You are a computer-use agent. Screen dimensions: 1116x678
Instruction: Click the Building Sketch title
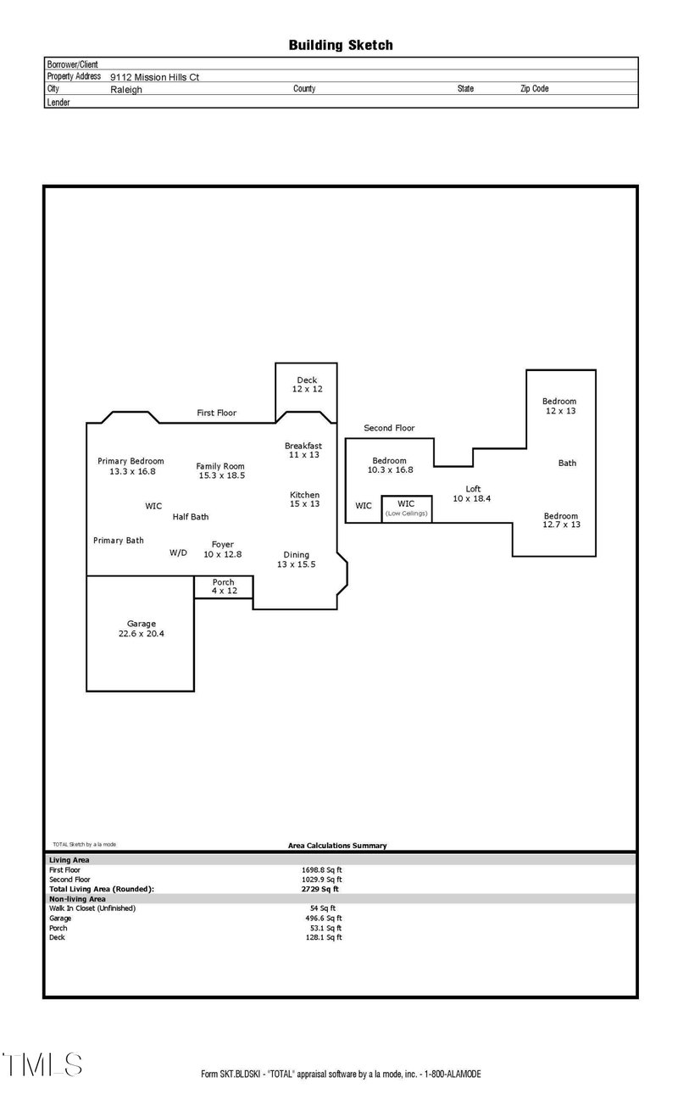341,45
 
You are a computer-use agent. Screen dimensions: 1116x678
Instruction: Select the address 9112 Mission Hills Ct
154,76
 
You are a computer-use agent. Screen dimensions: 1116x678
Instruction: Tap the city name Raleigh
126,89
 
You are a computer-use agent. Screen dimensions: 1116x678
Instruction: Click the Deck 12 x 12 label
306,385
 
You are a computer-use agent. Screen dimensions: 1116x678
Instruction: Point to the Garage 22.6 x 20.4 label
142,628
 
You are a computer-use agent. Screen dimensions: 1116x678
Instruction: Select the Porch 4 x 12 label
224,586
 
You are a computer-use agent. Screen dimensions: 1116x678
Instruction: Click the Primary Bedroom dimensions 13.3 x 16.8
132,471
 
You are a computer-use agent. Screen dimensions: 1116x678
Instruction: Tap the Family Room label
220,466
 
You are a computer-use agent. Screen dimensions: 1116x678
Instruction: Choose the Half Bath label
191,516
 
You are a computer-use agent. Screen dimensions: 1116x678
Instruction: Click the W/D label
178,552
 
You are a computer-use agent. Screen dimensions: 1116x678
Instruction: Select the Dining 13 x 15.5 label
297,559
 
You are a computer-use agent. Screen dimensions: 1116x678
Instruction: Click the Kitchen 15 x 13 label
304,499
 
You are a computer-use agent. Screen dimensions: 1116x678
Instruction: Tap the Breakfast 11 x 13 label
303,450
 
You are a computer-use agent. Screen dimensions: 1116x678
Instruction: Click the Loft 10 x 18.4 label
472,493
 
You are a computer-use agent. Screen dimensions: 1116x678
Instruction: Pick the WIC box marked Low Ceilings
406,508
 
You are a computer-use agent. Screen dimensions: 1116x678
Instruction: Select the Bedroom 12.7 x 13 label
561,520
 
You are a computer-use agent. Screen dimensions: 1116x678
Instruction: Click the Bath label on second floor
567,463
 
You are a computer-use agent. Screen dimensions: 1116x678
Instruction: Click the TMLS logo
42,1064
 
